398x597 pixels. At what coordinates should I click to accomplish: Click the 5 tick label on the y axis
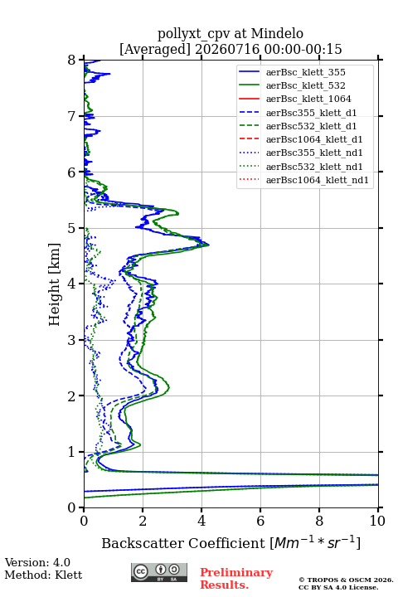(x=72, y=228)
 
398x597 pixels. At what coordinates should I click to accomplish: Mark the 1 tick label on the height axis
(x=72, y=452)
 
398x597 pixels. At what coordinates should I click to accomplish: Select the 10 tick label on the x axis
(x=377, y=521)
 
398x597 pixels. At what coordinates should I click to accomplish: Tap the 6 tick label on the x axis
(x=260, y=521)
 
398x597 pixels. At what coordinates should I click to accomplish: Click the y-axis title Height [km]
(x=54, y=284)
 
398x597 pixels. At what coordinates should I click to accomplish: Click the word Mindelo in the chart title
(x=277, y=33)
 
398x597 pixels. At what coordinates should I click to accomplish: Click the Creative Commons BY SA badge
(x=159, y=572)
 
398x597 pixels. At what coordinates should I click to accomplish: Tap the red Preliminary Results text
(x=236, y=579)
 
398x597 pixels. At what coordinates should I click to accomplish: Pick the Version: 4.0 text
(x=37, y=562)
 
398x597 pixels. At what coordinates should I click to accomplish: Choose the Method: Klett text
(x=43, y=575)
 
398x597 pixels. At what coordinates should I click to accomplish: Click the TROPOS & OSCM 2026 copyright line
(x=346, y=580)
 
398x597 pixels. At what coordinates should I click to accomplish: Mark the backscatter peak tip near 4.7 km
(x=209, y=245)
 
